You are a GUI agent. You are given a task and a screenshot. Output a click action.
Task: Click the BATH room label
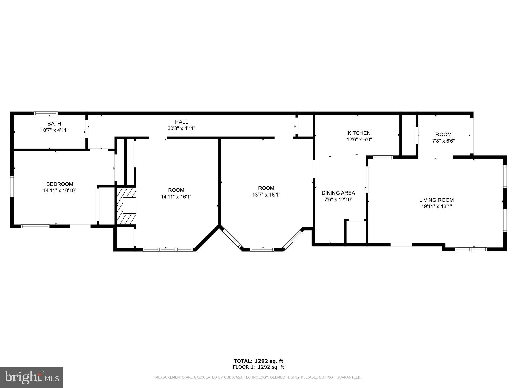(x=54, y=124)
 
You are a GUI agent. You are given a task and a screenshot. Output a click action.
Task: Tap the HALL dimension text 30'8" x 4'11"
(x=182, y=128)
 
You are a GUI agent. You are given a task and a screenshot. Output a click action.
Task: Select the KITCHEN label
(x=359, y=133)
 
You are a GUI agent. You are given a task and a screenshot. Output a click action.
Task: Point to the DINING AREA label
(x=338, y=193)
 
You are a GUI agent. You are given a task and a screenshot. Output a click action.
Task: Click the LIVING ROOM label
(x=436, y=200)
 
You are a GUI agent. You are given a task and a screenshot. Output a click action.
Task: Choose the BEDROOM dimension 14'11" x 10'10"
(x=60, y=191)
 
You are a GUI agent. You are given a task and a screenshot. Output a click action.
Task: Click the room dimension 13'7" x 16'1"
(x=266, y=195)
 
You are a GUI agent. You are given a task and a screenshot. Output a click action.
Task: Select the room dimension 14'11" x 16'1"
(x=176, y=197)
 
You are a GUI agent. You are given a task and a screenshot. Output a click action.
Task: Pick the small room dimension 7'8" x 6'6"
(x=444, y=141)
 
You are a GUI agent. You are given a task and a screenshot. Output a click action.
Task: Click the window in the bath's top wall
(x=46, y=113)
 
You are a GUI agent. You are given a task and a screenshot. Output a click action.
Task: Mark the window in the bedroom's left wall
(x=12, y=186)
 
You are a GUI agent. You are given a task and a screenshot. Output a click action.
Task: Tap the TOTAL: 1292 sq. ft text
(x=258, y=361)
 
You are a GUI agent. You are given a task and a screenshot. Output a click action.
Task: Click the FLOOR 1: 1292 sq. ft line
(x=258, y=367)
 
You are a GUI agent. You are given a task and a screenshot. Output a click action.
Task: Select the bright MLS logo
(x=32, y=378)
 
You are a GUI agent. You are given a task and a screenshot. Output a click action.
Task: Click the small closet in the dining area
(x=356, y=232)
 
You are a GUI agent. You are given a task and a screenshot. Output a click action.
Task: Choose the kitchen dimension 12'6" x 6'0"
(x=359, y=139)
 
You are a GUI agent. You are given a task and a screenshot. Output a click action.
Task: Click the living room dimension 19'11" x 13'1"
(x=436, y=206)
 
